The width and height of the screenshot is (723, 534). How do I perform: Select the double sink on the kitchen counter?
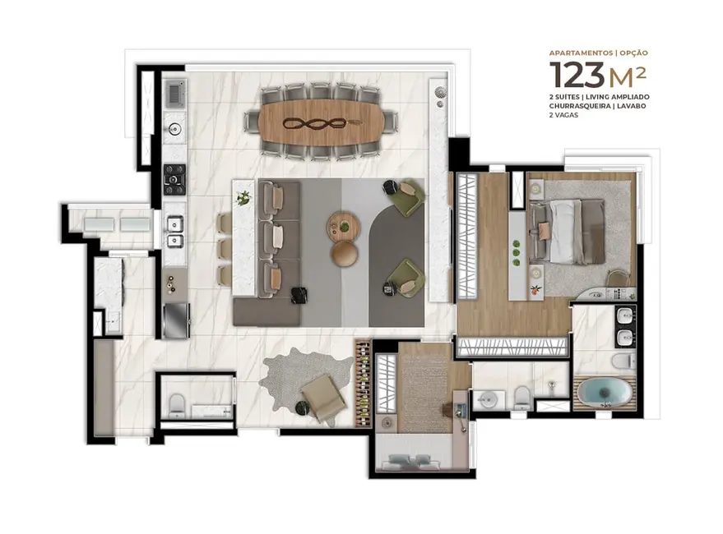pyautogui.click(x=174, y=232)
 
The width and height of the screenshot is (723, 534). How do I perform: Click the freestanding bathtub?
pyautogui.click(x=604, y=393)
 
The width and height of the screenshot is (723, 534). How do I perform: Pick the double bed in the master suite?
pyautogui.click(x=567, y=222)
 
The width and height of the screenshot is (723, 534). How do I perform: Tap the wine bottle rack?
pyautogui.click(x=364, y=383)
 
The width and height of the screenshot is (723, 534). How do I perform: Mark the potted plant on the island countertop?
pyautogui.click(x=243, y=197)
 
